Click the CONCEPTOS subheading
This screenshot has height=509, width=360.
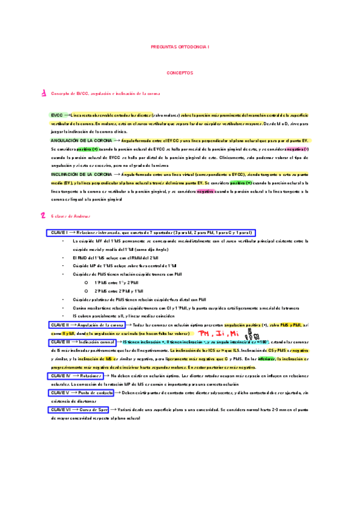(180, 72)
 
